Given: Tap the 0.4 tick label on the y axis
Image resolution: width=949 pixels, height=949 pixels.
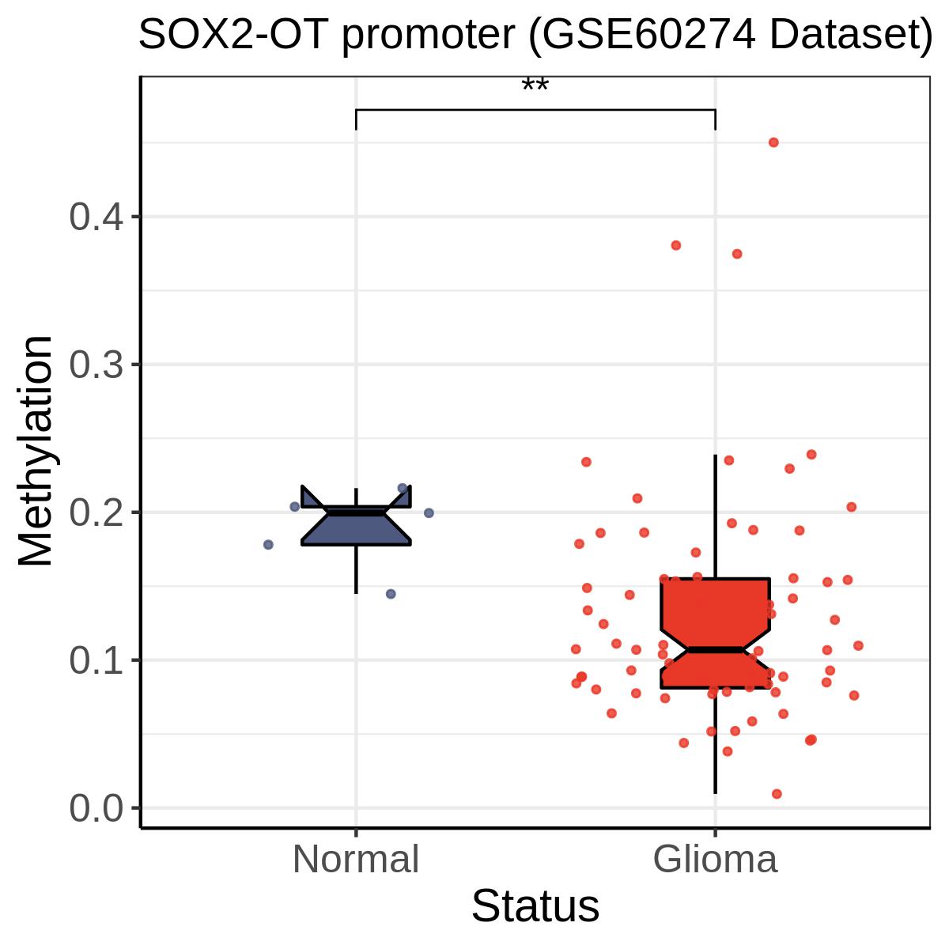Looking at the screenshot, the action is (x=96, y=217).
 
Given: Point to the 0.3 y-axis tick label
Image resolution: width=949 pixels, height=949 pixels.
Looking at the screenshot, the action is (x=96, y=365).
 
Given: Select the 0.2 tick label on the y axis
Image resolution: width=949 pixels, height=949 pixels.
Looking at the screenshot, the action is (x=96, y=512).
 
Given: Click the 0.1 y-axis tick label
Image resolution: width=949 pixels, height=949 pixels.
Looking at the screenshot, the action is (x=96, y=660).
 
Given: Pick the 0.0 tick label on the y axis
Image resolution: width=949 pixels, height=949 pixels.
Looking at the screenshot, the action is (x=96, y=808).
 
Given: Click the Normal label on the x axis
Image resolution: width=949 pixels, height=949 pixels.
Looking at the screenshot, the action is (x=356, y=860).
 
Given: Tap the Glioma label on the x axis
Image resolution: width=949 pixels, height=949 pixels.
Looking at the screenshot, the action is (x=715, y=860).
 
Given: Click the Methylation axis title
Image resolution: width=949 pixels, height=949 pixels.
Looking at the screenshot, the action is (x=35, y=451).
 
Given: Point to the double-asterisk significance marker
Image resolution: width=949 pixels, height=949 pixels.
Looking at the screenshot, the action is (x=535, y=85).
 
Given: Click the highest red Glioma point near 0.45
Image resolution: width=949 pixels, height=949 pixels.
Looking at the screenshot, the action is (x=773, y=143).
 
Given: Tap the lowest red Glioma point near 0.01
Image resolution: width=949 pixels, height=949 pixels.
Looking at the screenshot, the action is (x=777, y=794).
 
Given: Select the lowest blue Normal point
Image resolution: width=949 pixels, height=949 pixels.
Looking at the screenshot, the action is (x=391, y=594).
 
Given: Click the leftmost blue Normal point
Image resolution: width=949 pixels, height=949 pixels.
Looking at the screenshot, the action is (x=268, y=545).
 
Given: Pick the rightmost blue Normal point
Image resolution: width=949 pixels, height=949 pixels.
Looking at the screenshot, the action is (x=429, y=513).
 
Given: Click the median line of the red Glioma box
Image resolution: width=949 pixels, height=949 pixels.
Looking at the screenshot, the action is (x=715, y=650).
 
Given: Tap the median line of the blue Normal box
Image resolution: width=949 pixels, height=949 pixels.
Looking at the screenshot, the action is (x=356, y=513).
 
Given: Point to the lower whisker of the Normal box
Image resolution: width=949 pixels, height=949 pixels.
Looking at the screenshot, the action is (x=356, y=569).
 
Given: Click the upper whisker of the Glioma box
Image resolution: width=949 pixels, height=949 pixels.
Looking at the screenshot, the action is (x=715, y=516).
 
